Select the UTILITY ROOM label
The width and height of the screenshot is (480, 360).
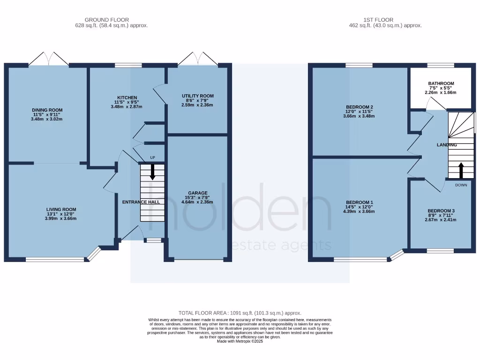tap(197, 96)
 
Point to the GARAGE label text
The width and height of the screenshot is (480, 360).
tap(197, 193)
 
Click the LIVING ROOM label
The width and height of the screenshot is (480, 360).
tap(61, 210)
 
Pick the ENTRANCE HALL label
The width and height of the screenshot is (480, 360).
tap(141, 202)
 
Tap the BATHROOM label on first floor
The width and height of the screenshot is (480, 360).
tap(441, 84)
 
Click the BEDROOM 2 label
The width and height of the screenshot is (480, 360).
tap(359, 107)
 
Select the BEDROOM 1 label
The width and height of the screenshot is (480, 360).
tap(359, 202)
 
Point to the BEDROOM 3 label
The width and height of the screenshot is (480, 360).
tap(441, 211)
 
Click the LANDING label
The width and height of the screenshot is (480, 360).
tap(446, 145)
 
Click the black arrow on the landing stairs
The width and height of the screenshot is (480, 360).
tap(461, 171)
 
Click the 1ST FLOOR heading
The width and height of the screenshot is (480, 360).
tap(378, 20)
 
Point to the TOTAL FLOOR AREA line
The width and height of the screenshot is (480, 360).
tap(240, 313)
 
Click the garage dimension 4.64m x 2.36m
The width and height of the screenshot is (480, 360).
tap(197, 202)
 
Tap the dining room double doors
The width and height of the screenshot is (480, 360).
tap(49, 59)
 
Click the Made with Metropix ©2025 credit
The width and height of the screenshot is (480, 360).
tap(240, 342)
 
